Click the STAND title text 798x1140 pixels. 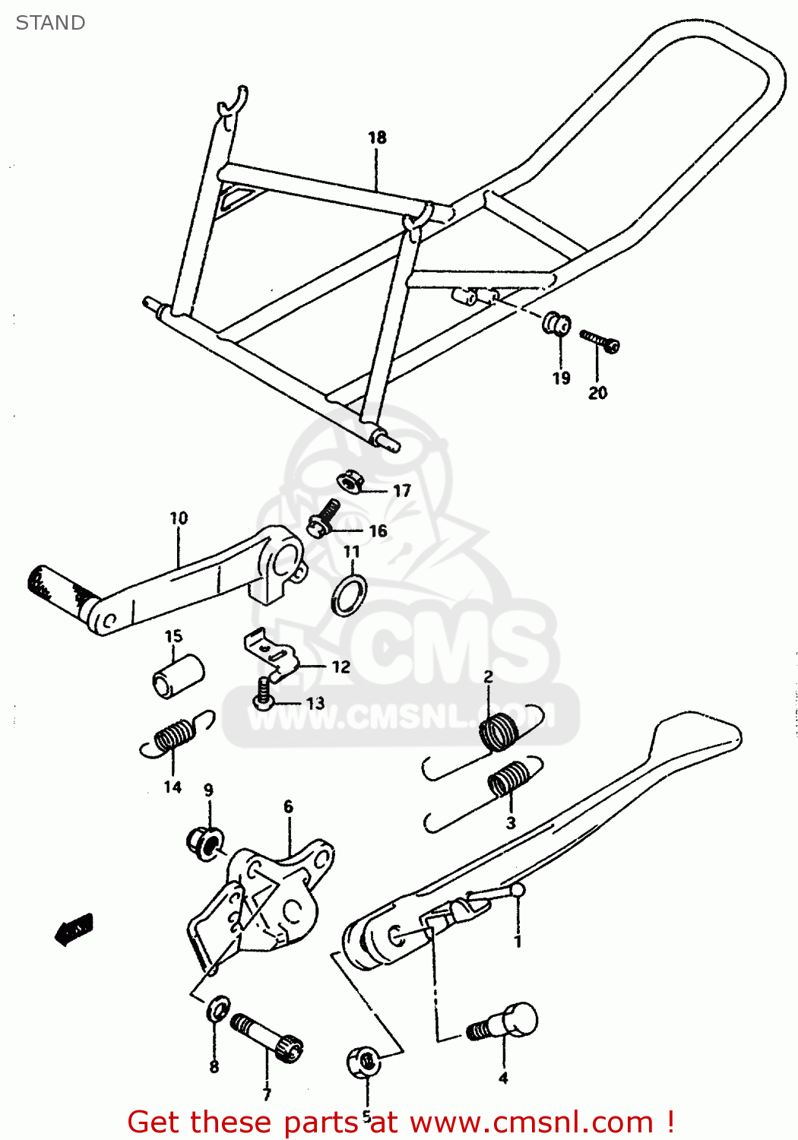click(x=50, y=23)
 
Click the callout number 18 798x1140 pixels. click(x=377, y=138)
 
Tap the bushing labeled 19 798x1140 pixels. click(x=556, y=324)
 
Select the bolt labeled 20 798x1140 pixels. click(x=600, y=340)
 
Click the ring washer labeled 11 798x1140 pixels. click(x=350, y=595)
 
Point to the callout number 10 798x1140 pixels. click(x=179, y=518)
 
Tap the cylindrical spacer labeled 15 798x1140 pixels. click(x=178, y=675)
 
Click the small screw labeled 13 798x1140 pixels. click(x=263, y=695)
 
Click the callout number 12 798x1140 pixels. click(x=340, y=667)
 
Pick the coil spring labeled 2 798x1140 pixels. click(x=500, y=731)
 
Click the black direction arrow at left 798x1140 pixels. click(x=74, y=929)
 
